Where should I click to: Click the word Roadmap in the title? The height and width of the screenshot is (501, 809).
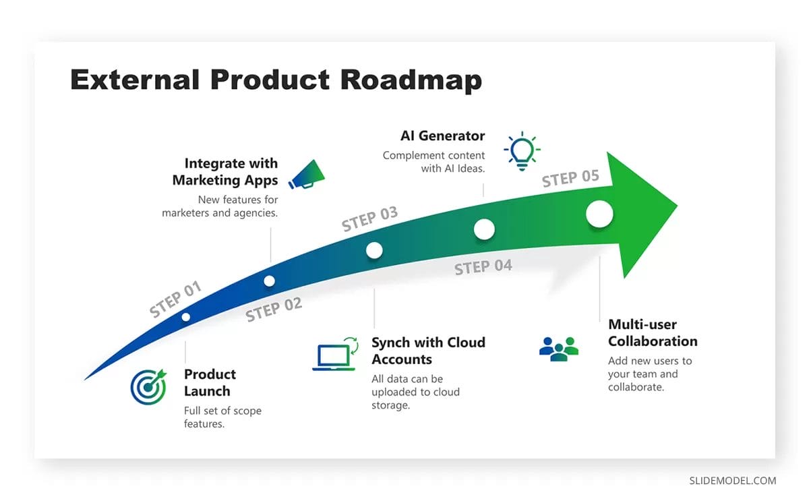coord(411,80)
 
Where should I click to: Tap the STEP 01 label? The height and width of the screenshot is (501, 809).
coord(175,299)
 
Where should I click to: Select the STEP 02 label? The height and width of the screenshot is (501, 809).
coord(274,310)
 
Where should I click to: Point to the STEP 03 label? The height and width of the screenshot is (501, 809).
coord(369,219)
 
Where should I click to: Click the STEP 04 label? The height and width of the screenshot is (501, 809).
coord(483,267)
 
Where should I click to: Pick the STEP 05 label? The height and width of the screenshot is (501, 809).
coord(570,179)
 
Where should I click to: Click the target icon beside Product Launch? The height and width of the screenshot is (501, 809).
coord(148,386)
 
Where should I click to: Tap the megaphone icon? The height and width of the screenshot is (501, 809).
coord(307,173)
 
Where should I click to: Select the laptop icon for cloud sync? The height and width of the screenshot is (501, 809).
coord(334,355)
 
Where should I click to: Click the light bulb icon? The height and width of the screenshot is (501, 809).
coord(521,151)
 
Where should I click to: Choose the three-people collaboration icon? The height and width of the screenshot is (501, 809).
coord(559,349)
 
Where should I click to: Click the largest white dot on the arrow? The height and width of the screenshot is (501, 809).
coord(599,214)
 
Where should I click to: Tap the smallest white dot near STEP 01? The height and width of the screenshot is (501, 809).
coord(185,317)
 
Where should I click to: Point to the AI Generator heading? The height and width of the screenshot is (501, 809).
coord(442,136)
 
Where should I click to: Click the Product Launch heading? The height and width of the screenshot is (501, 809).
coord(210,382)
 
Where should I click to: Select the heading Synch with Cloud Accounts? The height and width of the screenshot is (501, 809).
coord(428,351)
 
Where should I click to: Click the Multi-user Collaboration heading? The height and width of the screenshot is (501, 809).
coord(652,332)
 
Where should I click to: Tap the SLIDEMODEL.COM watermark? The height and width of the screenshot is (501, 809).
coord(732,481)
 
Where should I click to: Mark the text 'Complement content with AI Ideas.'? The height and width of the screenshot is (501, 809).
coord(435,162)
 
